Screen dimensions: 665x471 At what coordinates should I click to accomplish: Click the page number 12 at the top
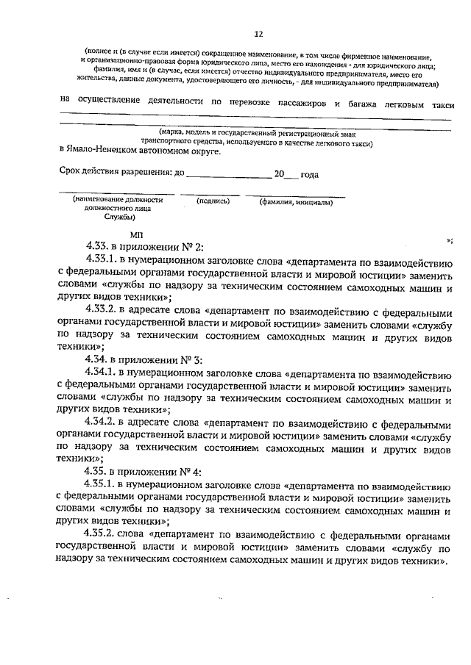[x=258, y=35]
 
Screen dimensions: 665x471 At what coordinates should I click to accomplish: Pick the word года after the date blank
[x=309, y=175]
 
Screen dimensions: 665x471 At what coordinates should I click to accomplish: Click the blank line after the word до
[x=229, y=176]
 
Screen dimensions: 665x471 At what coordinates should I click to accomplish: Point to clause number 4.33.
[x=99, y=248]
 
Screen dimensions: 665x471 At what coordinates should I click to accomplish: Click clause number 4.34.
[x=99, y=359]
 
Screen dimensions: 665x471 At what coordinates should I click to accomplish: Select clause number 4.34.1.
[x=105, y=373]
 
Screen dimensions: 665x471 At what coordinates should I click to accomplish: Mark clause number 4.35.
[x=99, y=472]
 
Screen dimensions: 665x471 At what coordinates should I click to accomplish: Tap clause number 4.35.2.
[x=105, y=534]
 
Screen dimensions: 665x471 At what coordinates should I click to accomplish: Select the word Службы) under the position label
[x=118, y=218]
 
